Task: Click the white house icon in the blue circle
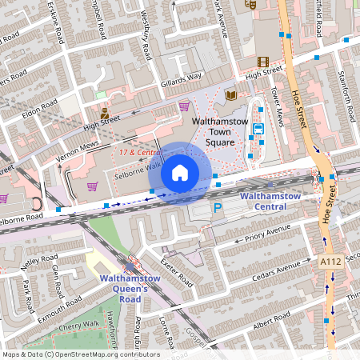[x=180, y=173]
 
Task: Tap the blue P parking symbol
[x=217, y=209]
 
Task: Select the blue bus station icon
[x=258, y=128]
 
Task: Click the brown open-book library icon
[x=230, y=95]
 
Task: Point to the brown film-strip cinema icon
[x=263, y=61]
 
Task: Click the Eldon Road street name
[x=40, y=108]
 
